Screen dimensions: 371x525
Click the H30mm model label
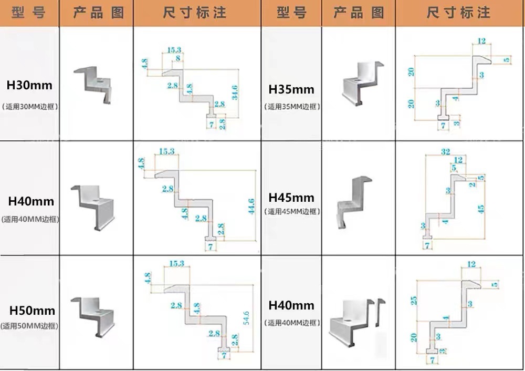click(x=29, y=85)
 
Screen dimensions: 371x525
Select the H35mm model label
click(x=291, y=89)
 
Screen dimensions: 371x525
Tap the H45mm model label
click(x=291, y=198)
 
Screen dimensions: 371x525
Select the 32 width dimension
click(x=445, y=151)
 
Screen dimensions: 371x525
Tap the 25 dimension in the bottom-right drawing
click(x=414, y=301)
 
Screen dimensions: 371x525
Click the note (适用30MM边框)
click(x=29, y=106)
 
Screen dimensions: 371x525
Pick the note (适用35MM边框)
click(x=291, y=107)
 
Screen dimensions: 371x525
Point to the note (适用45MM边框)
click(x=291, y=212)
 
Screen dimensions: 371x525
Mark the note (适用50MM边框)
click(x=29, y=326)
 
